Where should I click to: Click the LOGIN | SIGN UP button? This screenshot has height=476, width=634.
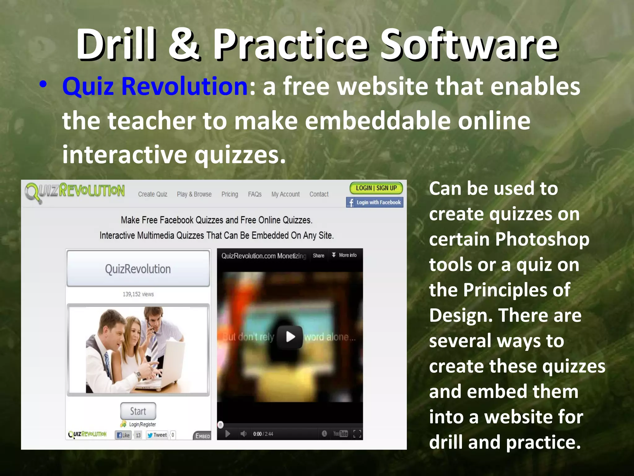(376, 188)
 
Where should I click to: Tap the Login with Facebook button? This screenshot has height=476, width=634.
(375, 202)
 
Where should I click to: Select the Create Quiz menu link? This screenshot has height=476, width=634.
(153, 194)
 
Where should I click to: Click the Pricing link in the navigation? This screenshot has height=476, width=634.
(230, 194)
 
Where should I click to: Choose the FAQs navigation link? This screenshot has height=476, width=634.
(254, 194)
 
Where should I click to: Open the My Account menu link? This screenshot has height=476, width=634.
(285, 194)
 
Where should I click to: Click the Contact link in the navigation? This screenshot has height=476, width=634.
(319, 194)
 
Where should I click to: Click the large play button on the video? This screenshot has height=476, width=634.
(290, 337)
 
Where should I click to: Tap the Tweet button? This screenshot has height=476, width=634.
(157, 435)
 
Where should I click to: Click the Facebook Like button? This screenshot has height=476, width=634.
(123, 435)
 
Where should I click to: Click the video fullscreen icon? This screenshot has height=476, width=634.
(357, 434)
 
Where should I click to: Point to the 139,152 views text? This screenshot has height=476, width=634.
(138, 294)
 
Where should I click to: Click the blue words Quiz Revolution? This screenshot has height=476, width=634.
(155, 86)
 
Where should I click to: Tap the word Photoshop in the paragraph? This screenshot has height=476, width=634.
(542, 240)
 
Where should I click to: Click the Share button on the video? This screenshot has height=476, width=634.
(318, 256)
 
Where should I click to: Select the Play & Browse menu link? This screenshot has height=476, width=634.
(194, 194)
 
